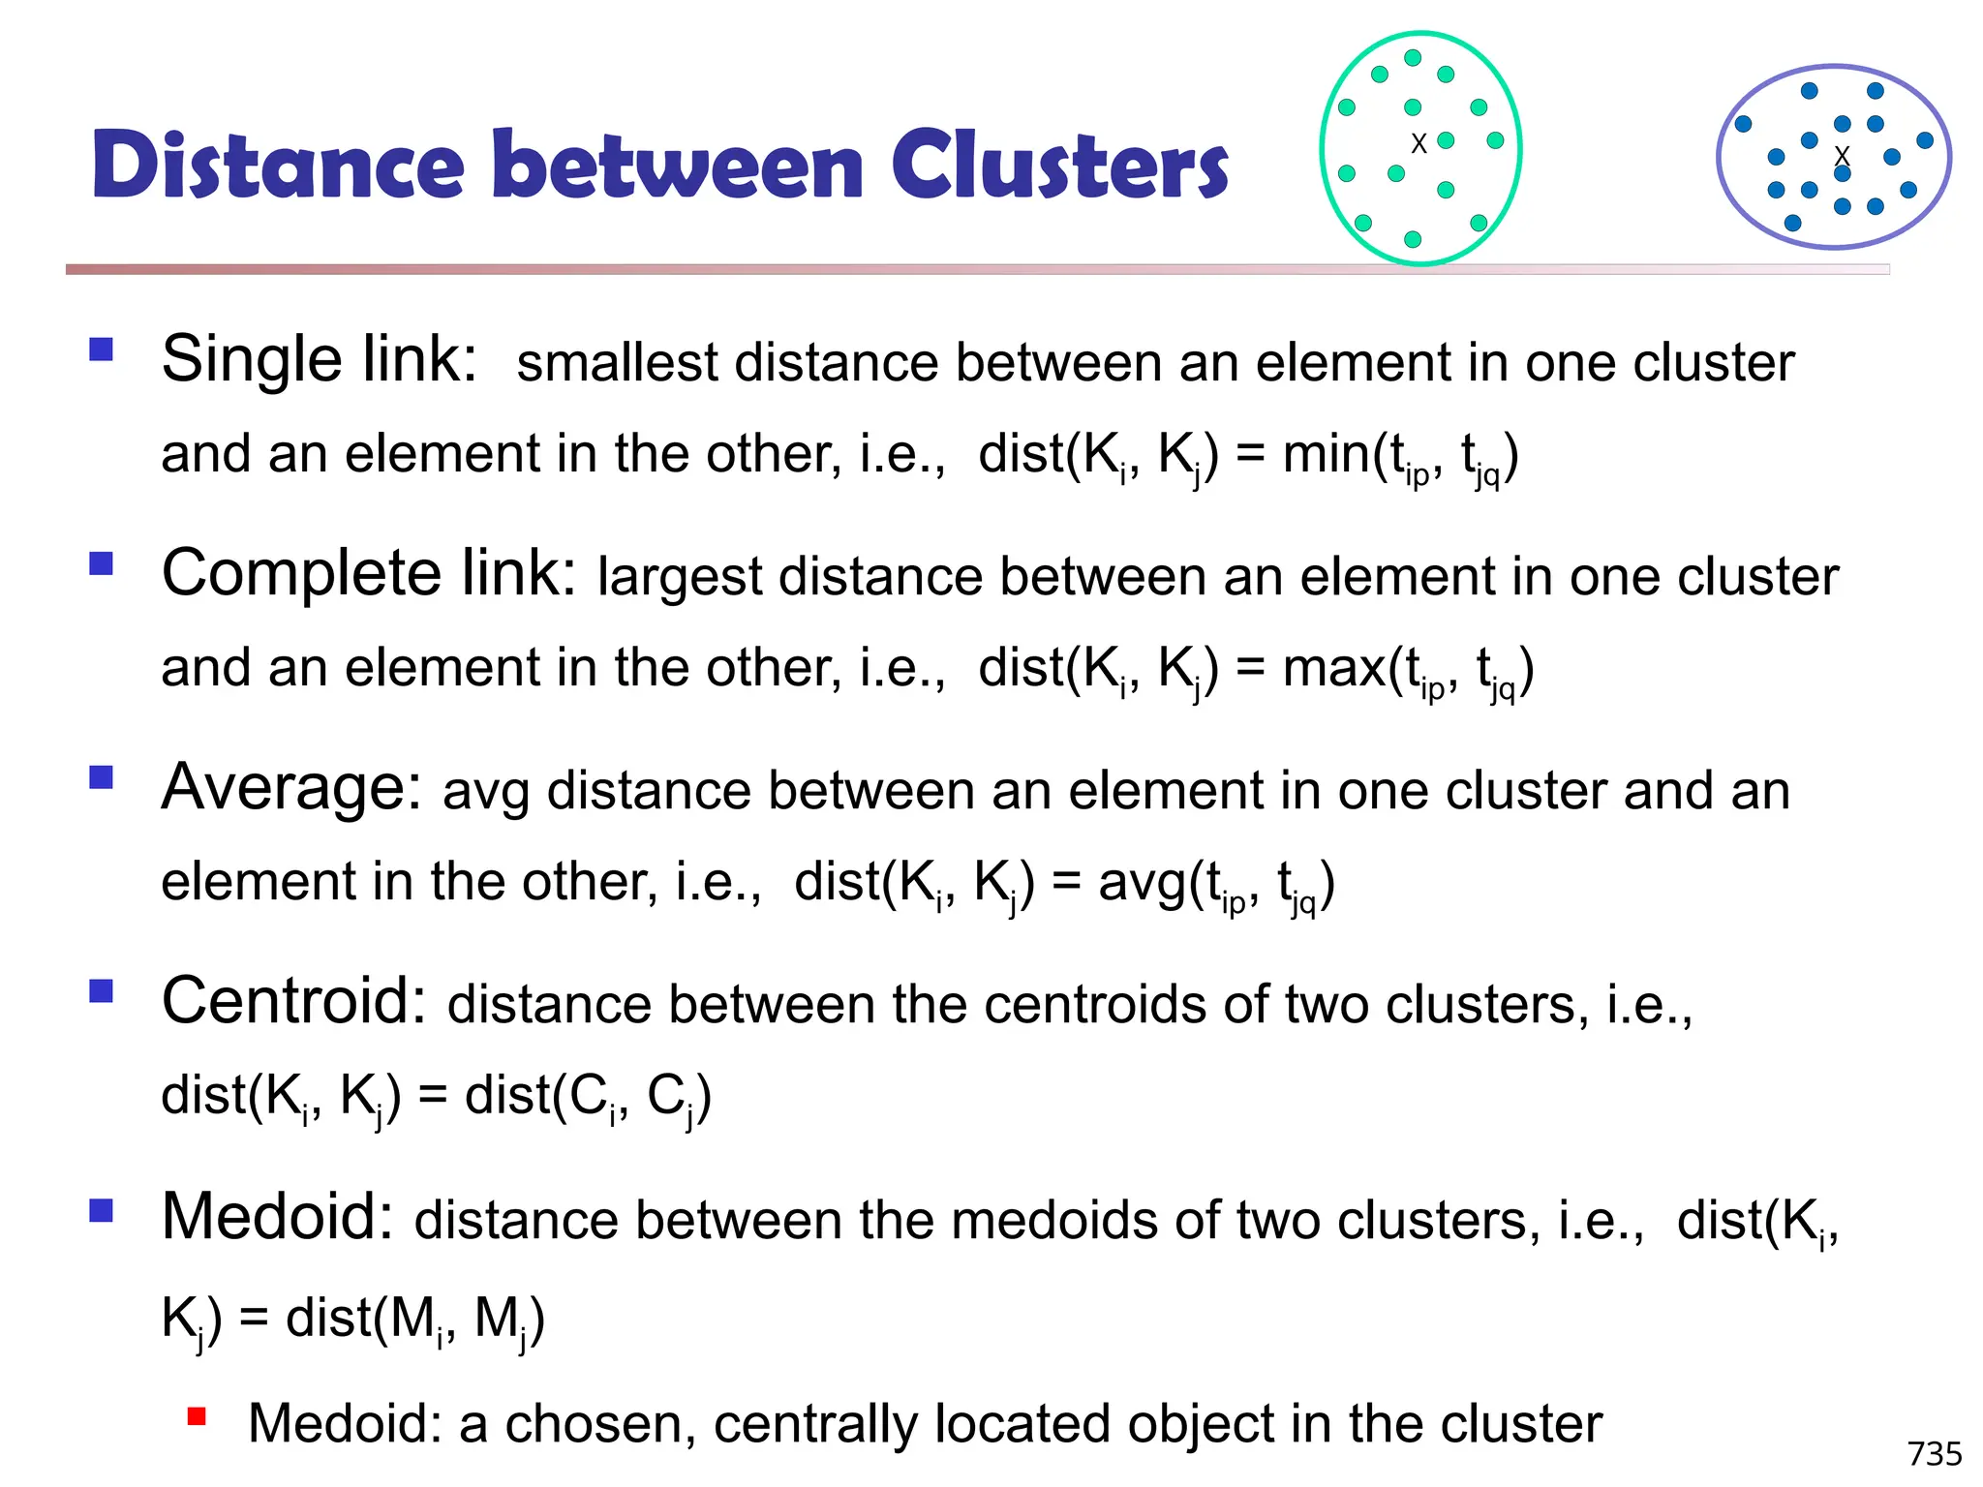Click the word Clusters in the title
pos(1059,166)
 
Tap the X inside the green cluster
pos(1419,144)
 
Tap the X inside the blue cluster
pos(1842,155)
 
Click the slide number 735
pos(1934,1453)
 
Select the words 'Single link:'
pos(320,360)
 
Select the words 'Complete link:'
pos(369,574)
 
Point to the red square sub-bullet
pos(198,1417)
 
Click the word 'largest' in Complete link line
pos(679,577)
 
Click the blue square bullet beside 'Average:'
pos(102,777)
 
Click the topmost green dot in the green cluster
pos(1413,58)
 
